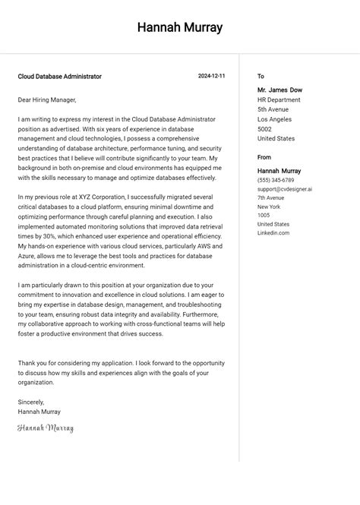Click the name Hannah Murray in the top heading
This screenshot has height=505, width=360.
(180, 28)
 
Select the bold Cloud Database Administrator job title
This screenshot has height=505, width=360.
(60, 77)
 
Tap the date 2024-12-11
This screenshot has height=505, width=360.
(211, 77)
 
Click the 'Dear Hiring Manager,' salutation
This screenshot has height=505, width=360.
(47, 99)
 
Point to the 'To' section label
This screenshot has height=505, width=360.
(261, 77)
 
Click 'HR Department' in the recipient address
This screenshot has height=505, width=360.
(279, 99)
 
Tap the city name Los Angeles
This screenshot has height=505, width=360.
(274, 119)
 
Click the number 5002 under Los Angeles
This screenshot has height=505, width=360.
(264, 129)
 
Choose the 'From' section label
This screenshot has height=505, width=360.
(264, 158)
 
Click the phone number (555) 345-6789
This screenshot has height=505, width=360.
(276, 181)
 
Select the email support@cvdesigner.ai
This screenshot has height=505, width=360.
(284, 189)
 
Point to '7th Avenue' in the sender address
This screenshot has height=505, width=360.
(271, 197)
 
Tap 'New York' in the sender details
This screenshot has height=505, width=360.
(269, 207)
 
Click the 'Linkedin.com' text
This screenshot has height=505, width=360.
(273, 233)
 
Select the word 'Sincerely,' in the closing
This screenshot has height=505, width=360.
(31, 402)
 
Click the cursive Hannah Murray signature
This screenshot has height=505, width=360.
(46, 428)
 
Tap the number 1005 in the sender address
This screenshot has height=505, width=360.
(263, 216)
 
